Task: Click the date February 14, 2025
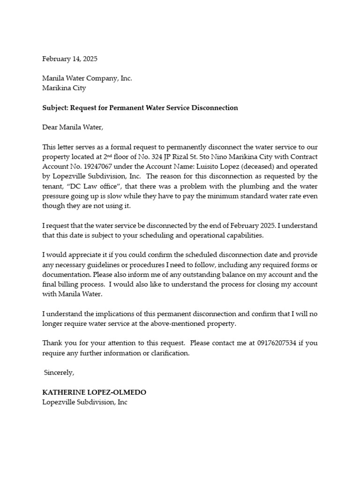[x=70, y=59]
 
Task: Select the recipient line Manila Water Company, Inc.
[x=87, y=78]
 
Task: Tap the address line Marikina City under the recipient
[x=64, y=88]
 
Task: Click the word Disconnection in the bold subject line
[x=216, y=108]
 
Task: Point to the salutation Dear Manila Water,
[x=72, y=127]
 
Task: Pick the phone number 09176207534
[x=277, y=343]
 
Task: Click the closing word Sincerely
[x=59, y=373]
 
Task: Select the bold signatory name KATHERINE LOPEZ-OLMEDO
[x=97, y=392]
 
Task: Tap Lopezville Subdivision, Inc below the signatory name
[x=85, y=402]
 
